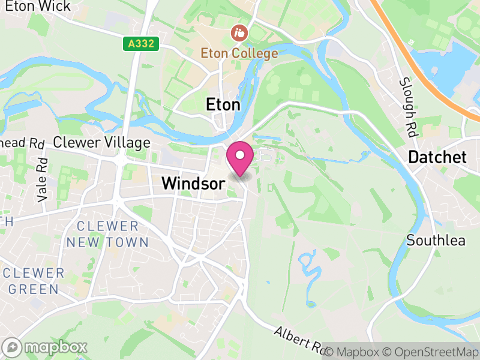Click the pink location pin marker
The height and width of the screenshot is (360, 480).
click(x=240, y=158)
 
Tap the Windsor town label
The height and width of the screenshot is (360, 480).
click(x=193, y=184)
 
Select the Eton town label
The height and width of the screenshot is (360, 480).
click(x=223, y=104)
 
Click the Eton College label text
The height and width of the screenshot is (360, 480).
click(x=239, y=53)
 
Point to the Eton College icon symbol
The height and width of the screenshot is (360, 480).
click(x=239, y=31)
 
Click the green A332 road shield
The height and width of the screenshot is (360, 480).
click(x=142, y=44)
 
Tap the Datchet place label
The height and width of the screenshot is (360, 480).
click(x=437, y=158)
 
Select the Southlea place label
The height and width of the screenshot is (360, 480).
click(x=436, y=241)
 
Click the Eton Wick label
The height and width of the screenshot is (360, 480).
click(x=38, y=7)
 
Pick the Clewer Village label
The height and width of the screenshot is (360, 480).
click(x=101, y=143)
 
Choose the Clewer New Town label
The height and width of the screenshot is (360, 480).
click(x=107, y=234)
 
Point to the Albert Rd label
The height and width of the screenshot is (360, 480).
click(x=298, y=340)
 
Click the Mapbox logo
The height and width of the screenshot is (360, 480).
click(x=46, y=347)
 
